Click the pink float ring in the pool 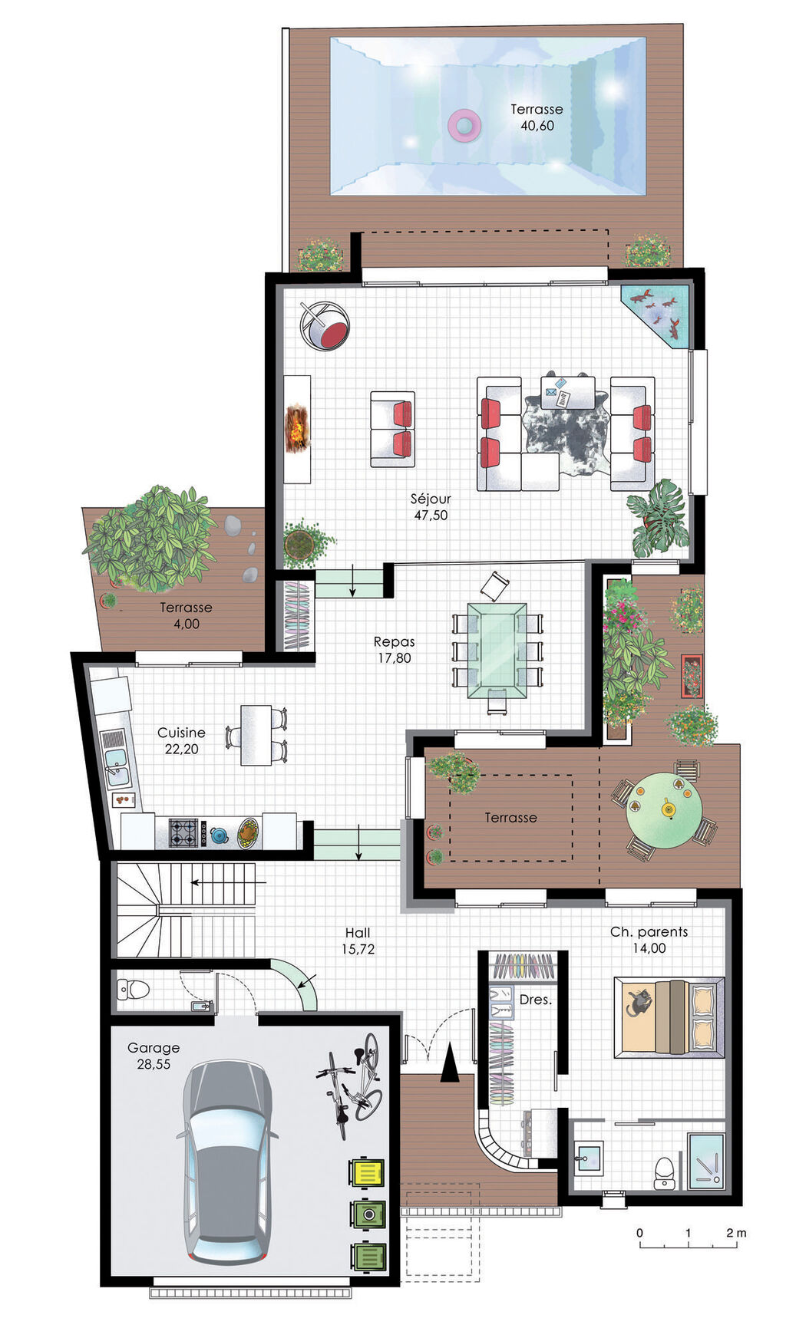pyautogui.click(x=463, y=124)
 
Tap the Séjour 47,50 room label pyautogui.click(x=431, y=507)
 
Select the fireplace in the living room pyautogui.click(x=297, y=429)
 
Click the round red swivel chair pyautogui.click(x=325, y=326)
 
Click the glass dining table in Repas pyautogui.click(x=497, y=649)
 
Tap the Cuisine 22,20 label pyautogui.click(x=181, y=740)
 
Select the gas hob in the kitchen pyautogui.click(x=183, y=833)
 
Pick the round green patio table pyautogui.click(x=664, y=809)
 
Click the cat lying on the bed pyautogui.click(x=639, y=1002)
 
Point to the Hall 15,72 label pyautogui.click(x=358, y=941)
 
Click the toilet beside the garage pyautogui.click(x=133, y=989)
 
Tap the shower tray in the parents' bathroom pyautogui.click(x=705, y=1161)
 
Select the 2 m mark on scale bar pyautogui.click(x=735, y=1233)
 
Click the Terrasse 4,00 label pyautogui.click(x=186, y=615)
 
